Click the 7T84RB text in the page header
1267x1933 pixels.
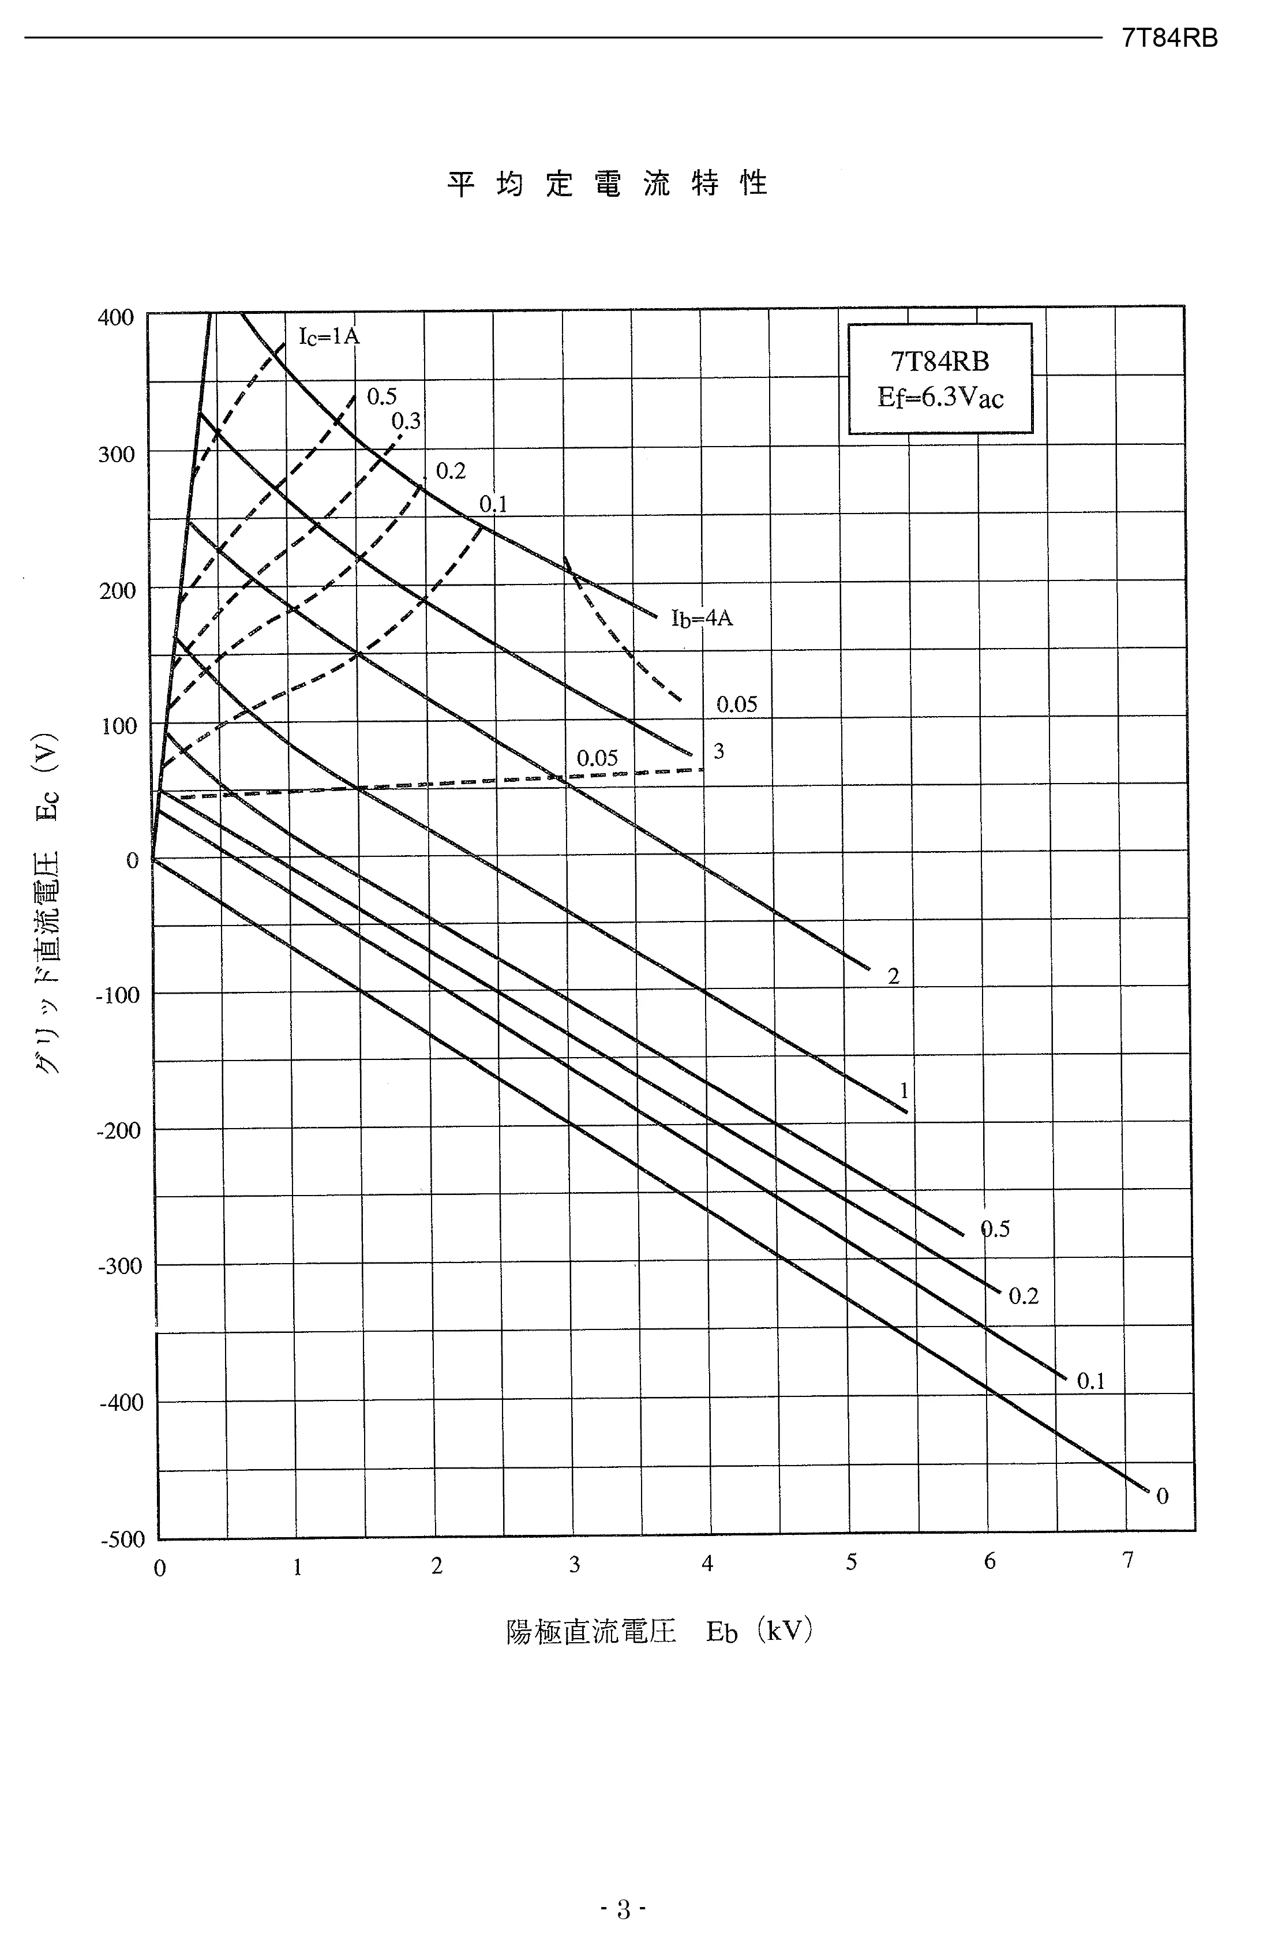1169,38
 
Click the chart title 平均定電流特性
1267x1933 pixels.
608,185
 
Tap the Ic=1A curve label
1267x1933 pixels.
329,336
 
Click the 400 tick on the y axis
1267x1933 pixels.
115,317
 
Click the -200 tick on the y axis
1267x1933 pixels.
119,1130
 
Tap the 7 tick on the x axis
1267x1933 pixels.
1127,1560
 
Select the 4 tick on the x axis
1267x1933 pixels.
707,1564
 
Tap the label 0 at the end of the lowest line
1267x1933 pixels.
1162,1496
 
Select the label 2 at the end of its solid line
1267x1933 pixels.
893,977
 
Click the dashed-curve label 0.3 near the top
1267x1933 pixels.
406,421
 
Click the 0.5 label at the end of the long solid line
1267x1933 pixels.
995,1230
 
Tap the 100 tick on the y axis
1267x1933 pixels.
119,725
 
